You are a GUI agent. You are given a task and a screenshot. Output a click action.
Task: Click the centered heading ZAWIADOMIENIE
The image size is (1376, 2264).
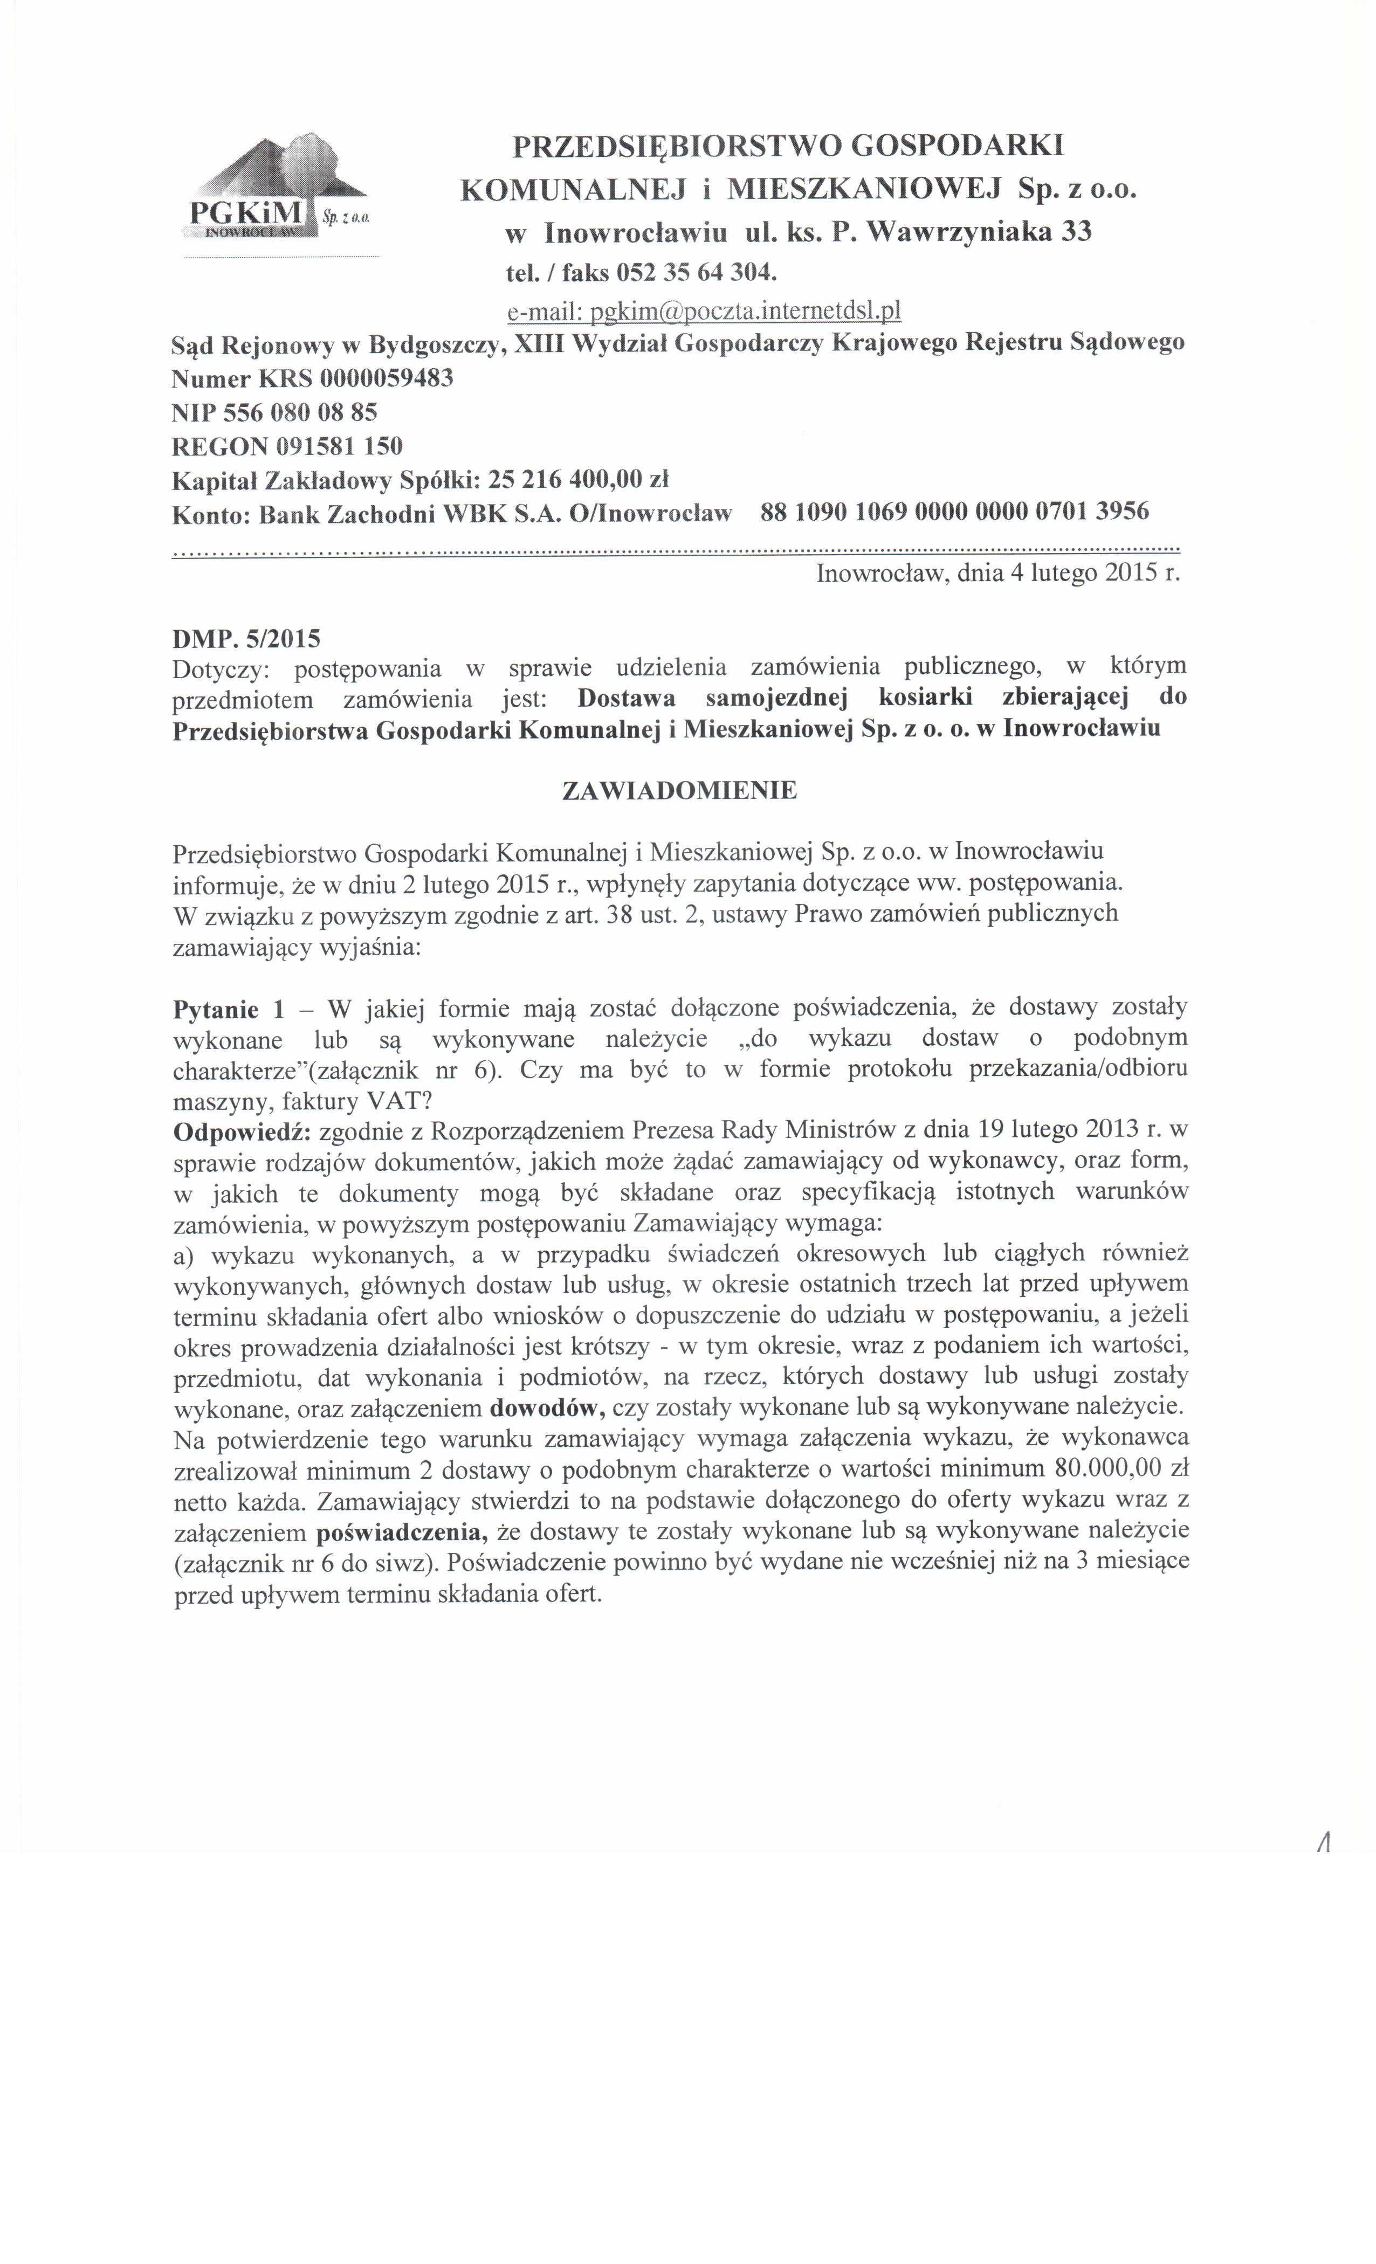pos(679,790)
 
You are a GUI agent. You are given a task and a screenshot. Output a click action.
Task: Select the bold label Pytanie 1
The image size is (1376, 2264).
pos(229,1009)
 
